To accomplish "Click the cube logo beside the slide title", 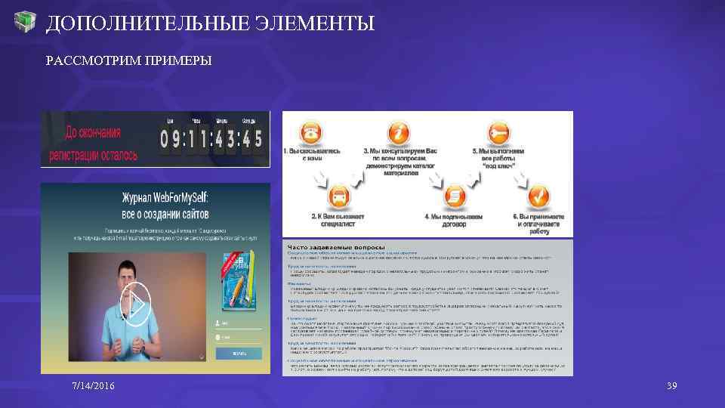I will click(26, 23).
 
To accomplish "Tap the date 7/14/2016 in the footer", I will click(94, 386).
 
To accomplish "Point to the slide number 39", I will click(671, 386).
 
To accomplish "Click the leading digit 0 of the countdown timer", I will click(166, 139).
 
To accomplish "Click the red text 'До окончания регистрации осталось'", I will click(94, 144).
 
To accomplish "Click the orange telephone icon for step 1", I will click(310, 133).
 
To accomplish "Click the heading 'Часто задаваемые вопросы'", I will click(337, 247).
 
